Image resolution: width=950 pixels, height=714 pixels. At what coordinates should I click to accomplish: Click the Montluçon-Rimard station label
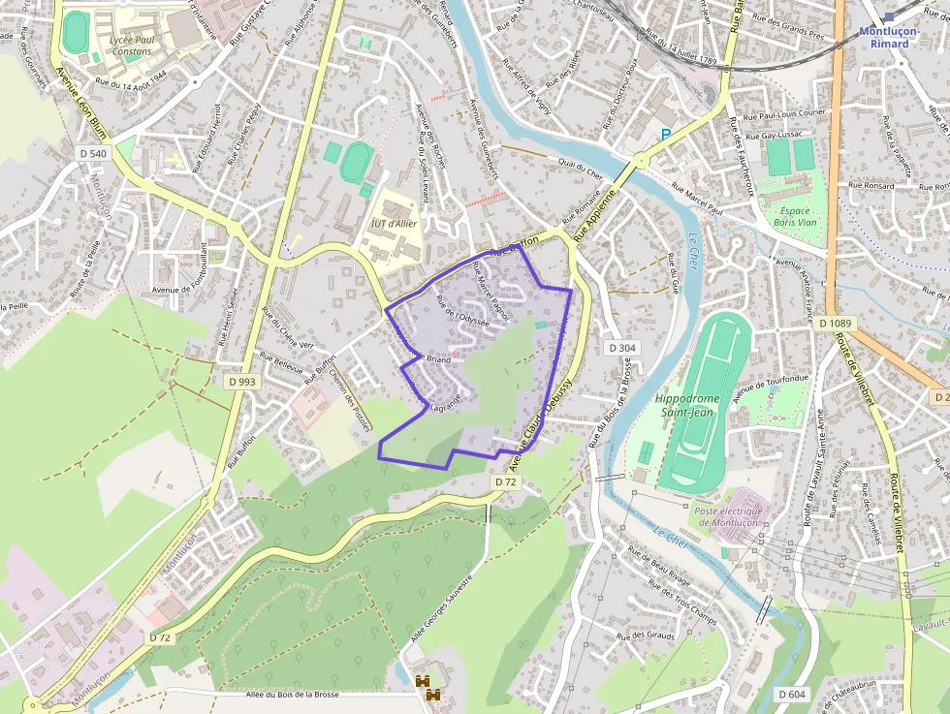pos(889,37)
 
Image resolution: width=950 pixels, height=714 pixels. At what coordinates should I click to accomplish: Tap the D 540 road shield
pos(93,153)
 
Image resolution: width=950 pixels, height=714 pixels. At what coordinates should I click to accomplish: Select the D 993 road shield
pos(243,382)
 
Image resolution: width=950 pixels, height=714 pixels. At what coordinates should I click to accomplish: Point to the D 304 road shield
pos(621,347)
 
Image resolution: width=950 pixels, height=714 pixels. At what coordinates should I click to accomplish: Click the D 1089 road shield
pos(835,323)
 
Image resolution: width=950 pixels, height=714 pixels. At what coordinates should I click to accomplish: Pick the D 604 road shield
pos(792,694)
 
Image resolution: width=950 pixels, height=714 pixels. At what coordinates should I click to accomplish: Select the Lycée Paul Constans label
pos(133,45)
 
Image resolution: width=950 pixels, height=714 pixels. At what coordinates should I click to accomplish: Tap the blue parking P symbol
pos(665,135)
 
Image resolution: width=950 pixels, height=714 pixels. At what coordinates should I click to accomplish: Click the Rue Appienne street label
pos(594,215)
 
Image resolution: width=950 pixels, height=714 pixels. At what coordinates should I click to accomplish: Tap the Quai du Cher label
pos(582,169)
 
